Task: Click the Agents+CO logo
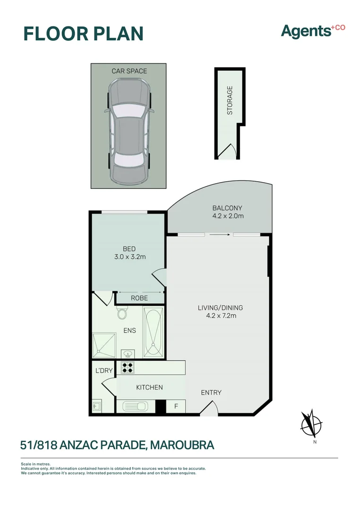coord(313,31)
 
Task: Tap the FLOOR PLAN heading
coord(83,34)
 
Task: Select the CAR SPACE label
coord(129,71)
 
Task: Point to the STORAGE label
coord(230,100)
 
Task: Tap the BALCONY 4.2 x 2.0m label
coord(227,212)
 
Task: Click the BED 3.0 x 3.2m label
coord(129,253)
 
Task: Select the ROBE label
coord(139,298)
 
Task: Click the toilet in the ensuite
coord(123,313)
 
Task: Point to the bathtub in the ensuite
coord(154,331)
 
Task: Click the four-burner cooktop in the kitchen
coord(128,367)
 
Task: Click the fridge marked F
coord(176,406)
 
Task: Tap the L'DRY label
coord(104,370)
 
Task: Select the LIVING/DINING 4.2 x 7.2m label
coord(220,311)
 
